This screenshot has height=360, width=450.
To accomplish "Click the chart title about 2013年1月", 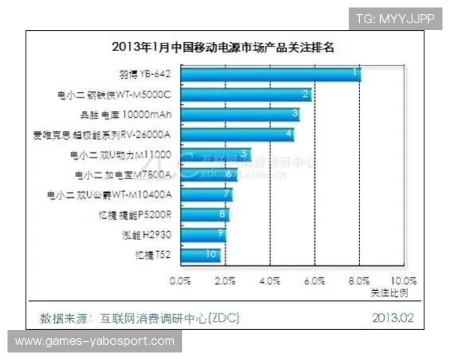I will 221,46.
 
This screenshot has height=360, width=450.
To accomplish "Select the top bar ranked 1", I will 270,74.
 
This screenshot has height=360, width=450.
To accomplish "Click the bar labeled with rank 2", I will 245,94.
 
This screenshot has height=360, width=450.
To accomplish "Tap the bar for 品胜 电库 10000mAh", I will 240,115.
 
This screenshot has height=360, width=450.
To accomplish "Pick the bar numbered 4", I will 236,135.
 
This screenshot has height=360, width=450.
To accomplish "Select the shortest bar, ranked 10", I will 199,255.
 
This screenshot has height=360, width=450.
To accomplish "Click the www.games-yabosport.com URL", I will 95,341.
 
